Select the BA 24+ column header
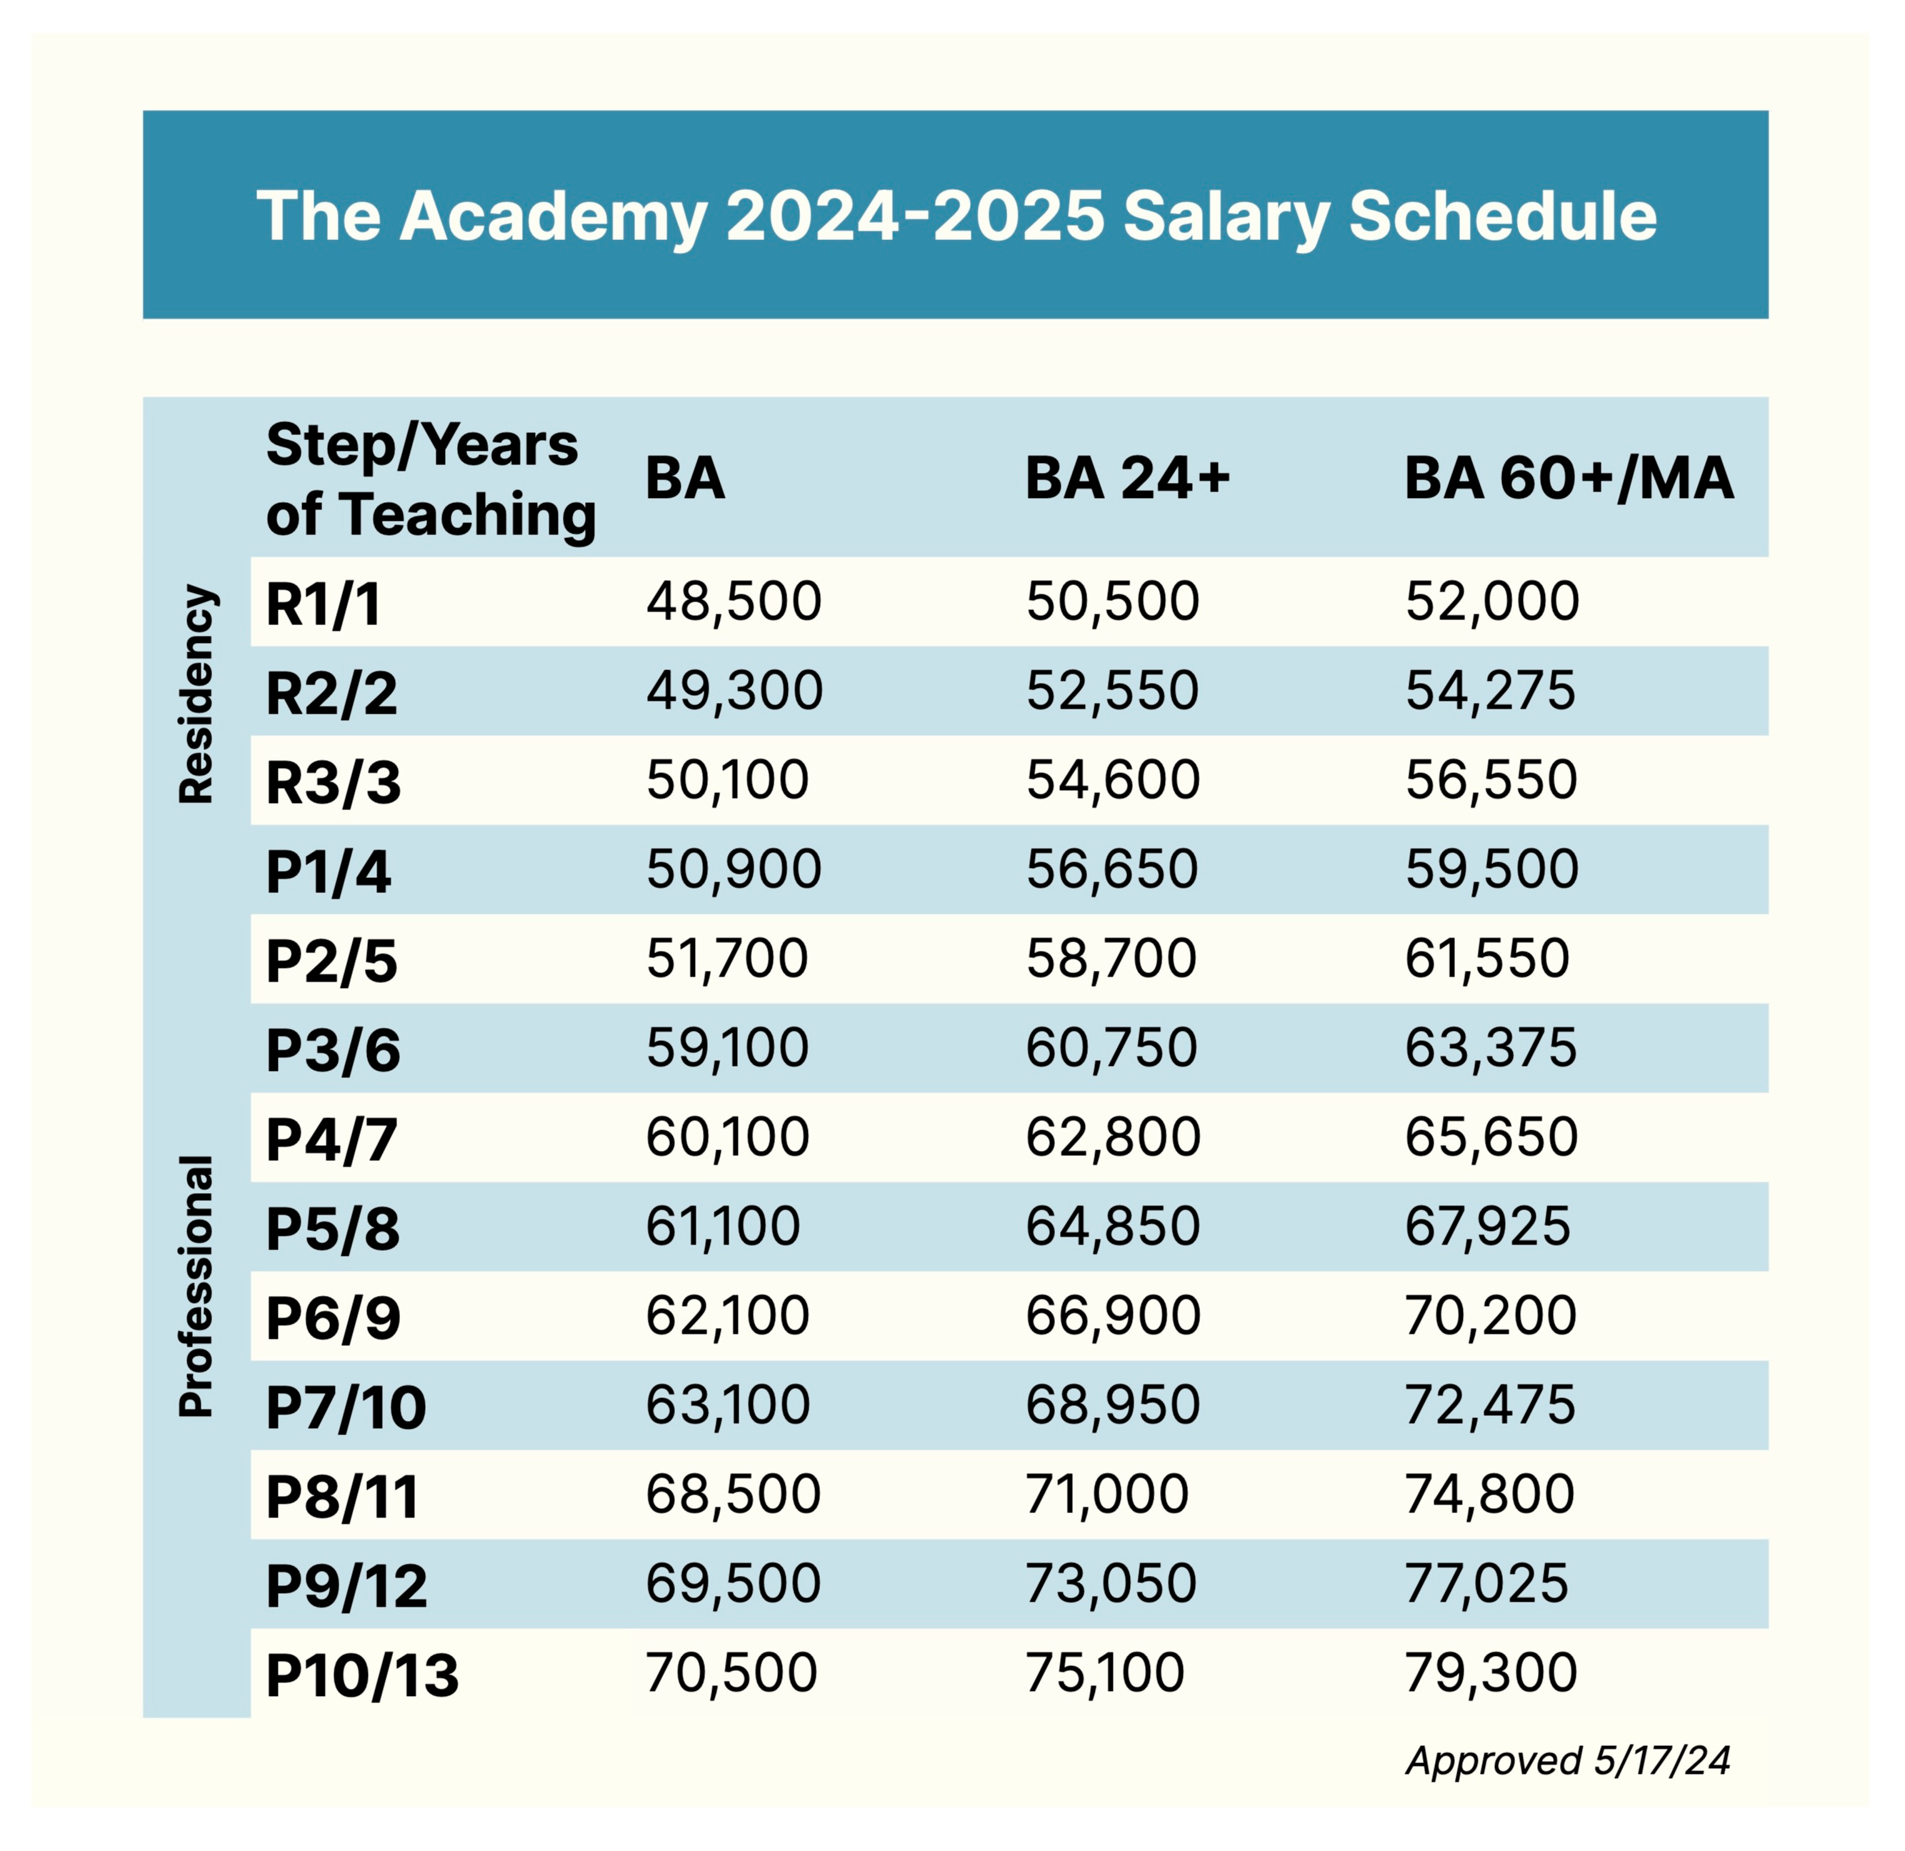coord(1127,479)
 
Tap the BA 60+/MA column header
coord(1569,479)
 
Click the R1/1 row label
coord(323,604)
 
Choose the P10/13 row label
coord(361,1675)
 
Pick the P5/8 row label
coord(332,1229)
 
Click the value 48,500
coord(734,602)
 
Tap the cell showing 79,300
coord(1491,1673)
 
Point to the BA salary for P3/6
coord(727,1048)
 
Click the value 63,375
coord(1491,1048)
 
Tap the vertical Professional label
coord(196,1286)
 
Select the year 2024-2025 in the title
coord(914,216)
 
